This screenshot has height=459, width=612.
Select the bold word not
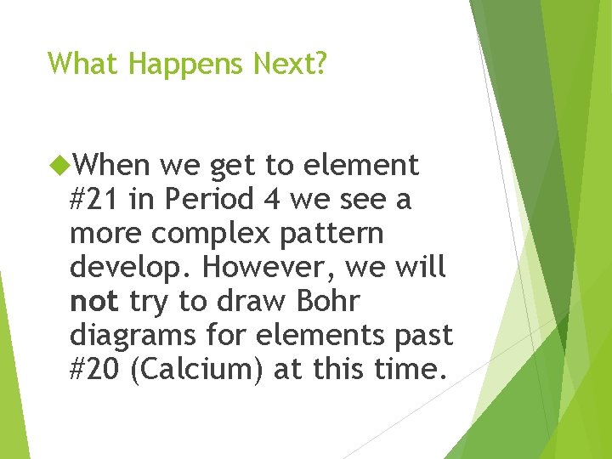click(94, 301)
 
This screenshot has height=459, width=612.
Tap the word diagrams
click(132, 335)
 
